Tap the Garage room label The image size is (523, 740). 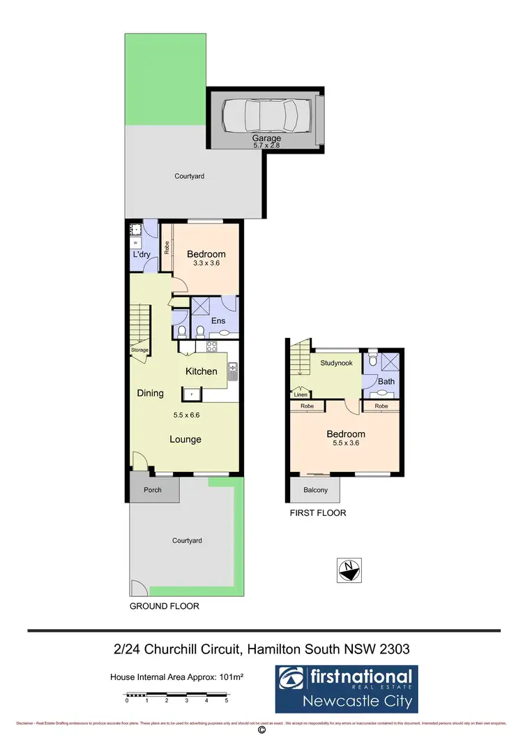click(266, 139)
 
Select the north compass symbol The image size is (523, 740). click(348, 571)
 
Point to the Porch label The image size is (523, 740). click(153, 490)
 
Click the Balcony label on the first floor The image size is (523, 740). click(315, 490)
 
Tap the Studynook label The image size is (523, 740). click(336, 364)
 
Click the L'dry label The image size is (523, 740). click(143, 255)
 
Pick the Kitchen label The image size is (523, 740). click(201, 371)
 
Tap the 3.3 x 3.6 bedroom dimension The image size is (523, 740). click(206, 263)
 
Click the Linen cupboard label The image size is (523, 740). click(301, 394)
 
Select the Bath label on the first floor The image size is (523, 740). click(386, 382)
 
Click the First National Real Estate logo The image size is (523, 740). click(344, 688)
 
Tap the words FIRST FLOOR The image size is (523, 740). click(317, 513)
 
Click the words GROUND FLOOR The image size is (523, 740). click(165, 607)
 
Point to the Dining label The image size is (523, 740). click(150, 393)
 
